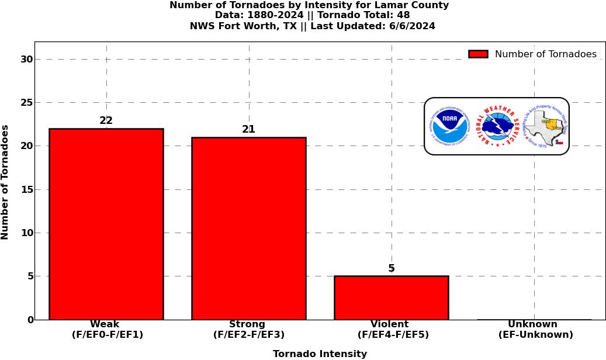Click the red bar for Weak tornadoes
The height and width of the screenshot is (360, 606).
coord(106,224)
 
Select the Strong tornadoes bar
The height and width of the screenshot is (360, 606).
coord(248,228)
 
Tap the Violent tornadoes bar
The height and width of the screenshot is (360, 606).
coord(391,297)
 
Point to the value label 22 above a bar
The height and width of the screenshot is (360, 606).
coord(106,120)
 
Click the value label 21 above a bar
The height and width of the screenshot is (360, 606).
coord(248,129)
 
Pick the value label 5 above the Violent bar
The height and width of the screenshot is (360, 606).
coord(391,268)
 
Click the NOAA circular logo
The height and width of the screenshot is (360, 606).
coord(450,126)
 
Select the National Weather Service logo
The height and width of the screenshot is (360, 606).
coord(496,126)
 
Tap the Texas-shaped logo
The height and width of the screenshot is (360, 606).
coord(545,126)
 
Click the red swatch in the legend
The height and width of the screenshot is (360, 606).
coord(478,54)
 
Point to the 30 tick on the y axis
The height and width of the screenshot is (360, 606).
coord(26,59)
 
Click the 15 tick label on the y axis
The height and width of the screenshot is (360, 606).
coord(26,189)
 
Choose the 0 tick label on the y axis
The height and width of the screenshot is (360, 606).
coord(30,320)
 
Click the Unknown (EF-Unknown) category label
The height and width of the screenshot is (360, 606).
coord(535,330)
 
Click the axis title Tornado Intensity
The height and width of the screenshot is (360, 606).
coord(320,354)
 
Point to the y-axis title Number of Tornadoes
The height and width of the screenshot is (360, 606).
coord(5,182)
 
